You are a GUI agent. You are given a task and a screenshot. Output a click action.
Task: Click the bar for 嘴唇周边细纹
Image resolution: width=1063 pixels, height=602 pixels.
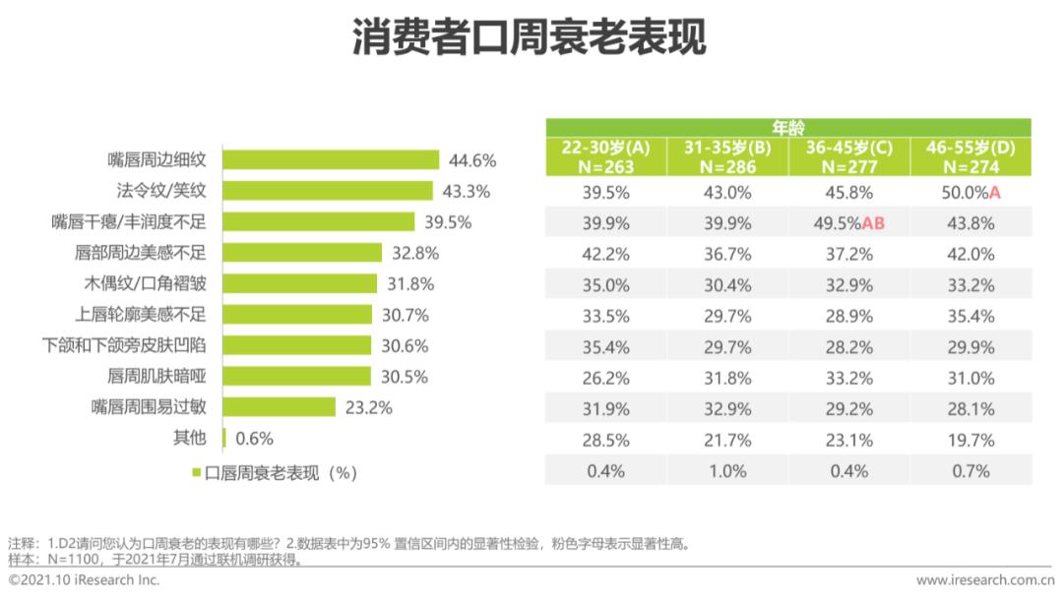332,159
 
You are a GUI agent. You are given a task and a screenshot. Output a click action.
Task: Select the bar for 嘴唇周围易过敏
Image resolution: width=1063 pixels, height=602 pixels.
281,407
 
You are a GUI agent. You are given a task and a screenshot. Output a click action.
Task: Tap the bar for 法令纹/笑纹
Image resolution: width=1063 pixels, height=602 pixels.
329,191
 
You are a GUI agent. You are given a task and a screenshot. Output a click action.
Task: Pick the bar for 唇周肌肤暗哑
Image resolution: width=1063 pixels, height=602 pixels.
297,376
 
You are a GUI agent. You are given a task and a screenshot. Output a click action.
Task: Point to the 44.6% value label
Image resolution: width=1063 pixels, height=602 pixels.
472,159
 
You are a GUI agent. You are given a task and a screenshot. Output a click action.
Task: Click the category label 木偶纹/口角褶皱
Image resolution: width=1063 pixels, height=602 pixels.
150,283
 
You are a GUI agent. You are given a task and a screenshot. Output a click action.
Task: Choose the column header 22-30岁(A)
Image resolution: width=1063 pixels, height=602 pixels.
606,157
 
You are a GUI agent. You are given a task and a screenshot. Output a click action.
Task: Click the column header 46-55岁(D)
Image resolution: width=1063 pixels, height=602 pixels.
970,157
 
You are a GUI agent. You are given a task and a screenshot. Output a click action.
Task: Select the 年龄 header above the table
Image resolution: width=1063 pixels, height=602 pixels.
787,128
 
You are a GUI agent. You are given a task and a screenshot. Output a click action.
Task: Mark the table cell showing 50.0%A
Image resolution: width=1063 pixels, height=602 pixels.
970,193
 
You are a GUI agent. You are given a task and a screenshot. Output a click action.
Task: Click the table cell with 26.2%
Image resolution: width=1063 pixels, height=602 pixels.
606,378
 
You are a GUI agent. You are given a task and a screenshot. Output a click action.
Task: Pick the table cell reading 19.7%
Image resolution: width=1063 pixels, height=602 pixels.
970,440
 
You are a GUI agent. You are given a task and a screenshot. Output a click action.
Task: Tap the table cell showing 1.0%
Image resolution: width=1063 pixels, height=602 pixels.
727,470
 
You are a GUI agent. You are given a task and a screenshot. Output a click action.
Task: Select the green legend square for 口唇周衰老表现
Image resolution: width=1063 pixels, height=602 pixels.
197,473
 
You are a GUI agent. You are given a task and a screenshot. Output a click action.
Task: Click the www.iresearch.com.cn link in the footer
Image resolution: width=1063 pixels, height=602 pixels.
985,580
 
